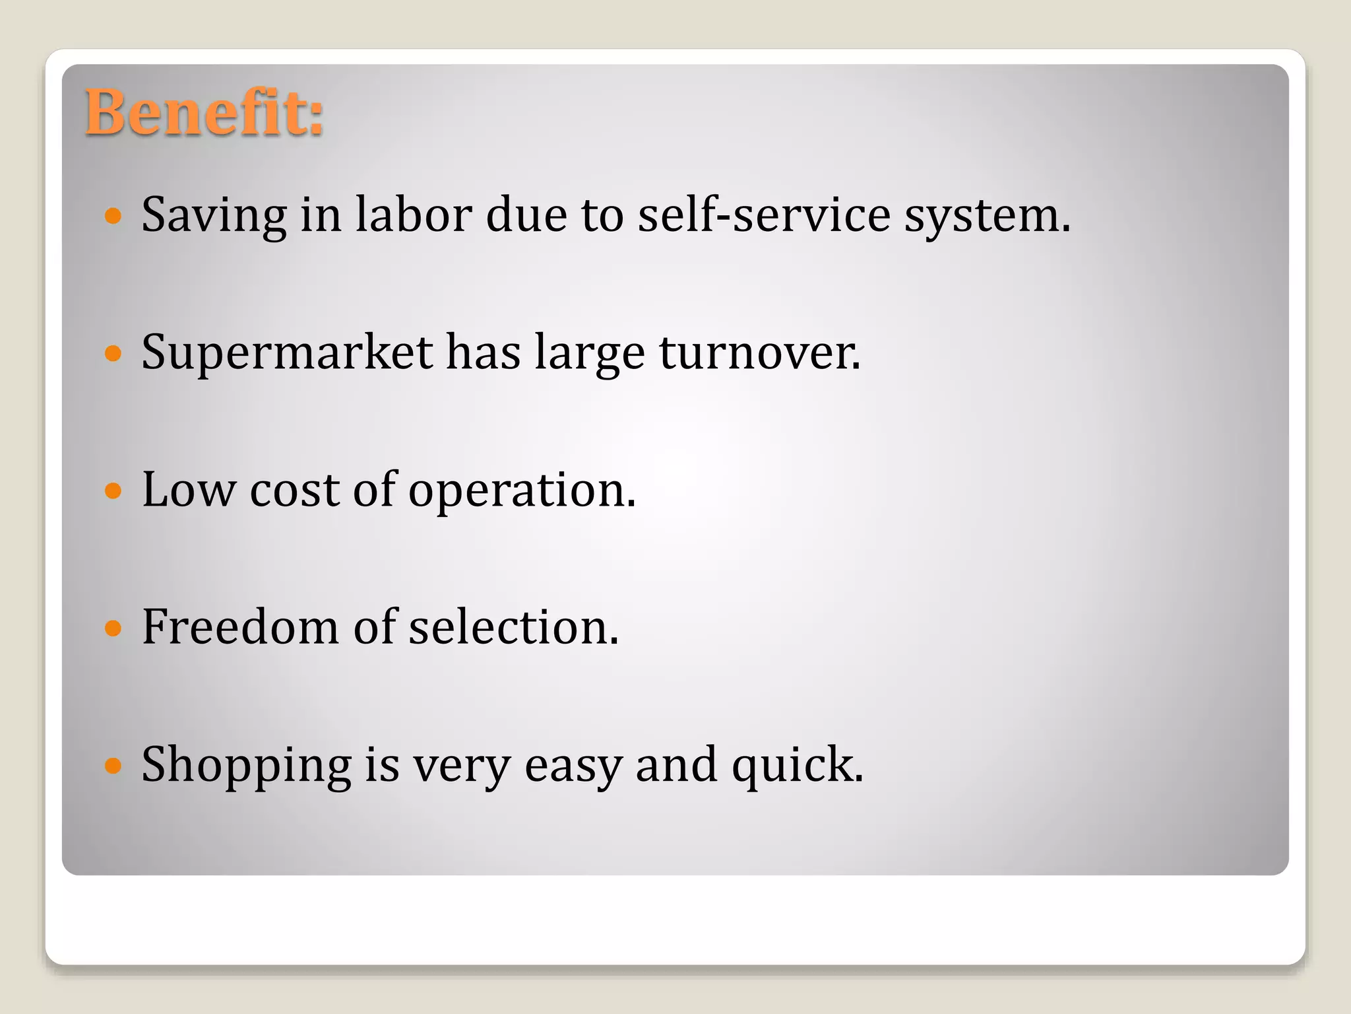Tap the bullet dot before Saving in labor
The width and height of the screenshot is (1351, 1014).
tap(113, 216)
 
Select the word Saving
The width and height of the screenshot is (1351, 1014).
tap(214, 216)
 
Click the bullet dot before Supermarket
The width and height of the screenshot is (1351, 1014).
tap(113, 353)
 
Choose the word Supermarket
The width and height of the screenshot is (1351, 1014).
tap(287, 353)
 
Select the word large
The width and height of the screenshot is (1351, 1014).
tap(589, 353)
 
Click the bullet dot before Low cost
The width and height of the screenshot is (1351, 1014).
tap(113, 490)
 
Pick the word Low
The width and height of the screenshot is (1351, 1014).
tap(189, 490)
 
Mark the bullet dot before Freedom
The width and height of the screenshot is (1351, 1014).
tap(113, 627)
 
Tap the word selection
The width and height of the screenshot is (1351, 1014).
tap(513, 627)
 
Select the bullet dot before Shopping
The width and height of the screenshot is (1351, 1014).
tap(113, 765)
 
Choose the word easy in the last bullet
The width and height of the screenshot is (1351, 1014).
tap(573, 766)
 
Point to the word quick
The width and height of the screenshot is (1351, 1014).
tap(796, 766)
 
